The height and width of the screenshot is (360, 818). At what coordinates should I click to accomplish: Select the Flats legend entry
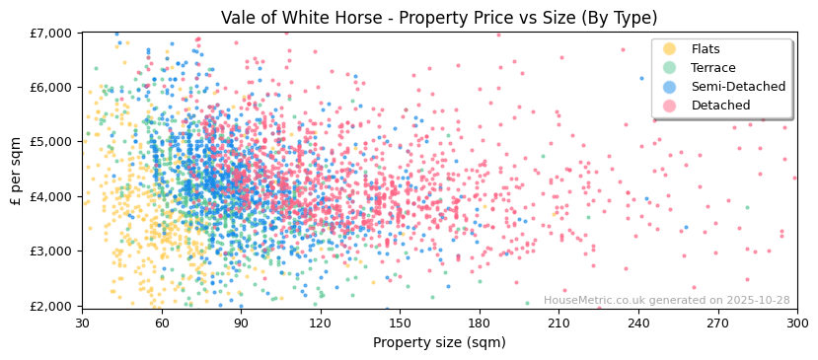pos(706,49)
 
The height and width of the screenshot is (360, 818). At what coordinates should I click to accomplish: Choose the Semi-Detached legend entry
pos(737,87)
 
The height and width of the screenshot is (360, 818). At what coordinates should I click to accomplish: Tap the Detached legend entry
pos(720,106)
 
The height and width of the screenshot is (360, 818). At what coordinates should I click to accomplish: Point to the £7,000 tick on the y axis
pos(53,33)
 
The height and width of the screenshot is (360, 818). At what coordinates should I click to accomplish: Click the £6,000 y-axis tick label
pos(53,88)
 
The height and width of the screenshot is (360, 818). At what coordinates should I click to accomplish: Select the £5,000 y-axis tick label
pos(53,142)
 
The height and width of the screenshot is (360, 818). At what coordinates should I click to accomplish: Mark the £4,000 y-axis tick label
pos(53,196)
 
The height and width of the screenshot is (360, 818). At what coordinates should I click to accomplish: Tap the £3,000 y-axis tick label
pos(53,252)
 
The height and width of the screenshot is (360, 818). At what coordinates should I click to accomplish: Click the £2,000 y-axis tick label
pos(53,306)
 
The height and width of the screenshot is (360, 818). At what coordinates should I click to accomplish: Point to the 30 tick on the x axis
pos(82,323)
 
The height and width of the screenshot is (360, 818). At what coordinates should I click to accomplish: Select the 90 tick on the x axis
pos(241,323)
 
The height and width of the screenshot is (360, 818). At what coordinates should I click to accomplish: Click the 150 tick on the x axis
pos(400,323)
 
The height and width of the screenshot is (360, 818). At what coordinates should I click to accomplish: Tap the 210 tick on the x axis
pos(558,323)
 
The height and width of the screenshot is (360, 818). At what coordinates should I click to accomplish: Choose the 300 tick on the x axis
pos(796,323)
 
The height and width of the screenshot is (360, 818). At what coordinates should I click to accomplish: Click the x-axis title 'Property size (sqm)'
pos(439,343)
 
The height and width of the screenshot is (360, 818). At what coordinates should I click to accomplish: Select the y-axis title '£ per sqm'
pos(17,169)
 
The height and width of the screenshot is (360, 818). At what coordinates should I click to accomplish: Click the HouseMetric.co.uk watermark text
pos(666,301)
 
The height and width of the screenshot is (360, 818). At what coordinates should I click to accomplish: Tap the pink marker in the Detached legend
pos(670,106)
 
